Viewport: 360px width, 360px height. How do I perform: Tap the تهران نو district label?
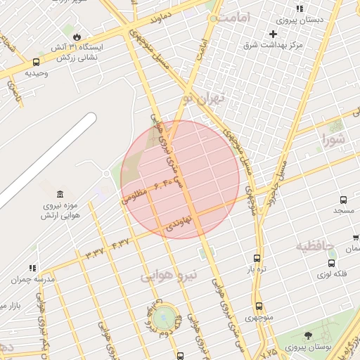tap(202, 98)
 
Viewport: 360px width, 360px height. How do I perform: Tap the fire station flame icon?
tap(76, 34)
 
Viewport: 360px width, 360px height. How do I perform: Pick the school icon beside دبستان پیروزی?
tap(300, 8)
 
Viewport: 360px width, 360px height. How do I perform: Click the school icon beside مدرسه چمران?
tap(32, 268)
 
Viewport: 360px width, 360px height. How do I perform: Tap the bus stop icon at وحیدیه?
tap(36, 62)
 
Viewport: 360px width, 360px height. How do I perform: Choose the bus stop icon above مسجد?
tap(343, 200)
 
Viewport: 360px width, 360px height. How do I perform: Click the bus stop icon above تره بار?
tap(257, 258)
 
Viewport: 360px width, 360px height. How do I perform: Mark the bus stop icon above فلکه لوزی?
tap(331, 263)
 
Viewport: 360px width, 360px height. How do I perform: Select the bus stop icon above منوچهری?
tap(259, 306)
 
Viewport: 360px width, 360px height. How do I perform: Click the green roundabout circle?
tap(164, 317)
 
